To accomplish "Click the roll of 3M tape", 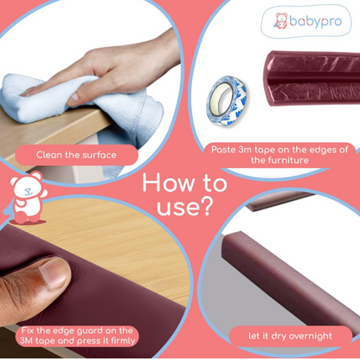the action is pos(227,100).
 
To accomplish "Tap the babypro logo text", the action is pos(316,22).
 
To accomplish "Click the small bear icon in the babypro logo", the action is pos(281,21).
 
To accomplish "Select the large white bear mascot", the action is pos(27,197).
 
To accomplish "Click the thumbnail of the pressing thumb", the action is pos(55,273).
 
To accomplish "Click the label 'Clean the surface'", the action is pos(76,155).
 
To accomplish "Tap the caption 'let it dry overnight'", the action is pos(290,336).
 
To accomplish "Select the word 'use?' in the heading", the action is pos(185,207).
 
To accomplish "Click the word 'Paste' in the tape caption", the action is pos(223,150).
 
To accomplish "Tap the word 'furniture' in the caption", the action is pos(287,160).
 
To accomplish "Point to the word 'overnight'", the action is pos(311,336).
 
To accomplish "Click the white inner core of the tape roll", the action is pos(222,99).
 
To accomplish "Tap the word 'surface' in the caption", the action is pos(100,155).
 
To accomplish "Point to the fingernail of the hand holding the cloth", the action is pos(74,96).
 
